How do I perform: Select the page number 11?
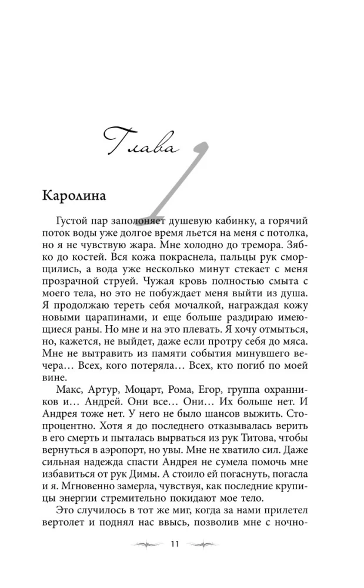tap(174, 544)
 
